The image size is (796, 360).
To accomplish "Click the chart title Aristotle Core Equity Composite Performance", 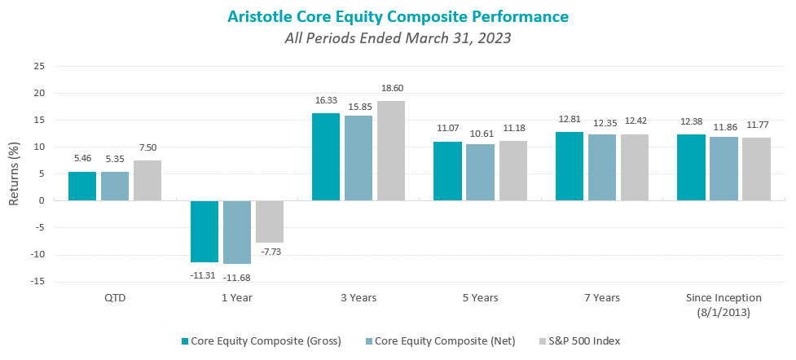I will pos(397,16).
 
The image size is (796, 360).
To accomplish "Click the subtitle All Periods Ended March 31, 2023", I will pos(397,37).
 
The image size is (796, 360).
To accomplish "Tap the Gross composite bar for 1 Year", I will pos(204,231).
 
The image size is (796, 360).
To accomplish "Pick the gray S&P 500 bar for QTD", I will pos(147,180).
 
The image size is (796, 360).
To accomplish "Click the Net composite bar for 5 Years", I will pos(480,172).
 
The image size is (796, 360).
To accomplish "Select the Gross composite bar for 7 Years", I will pos(569,166).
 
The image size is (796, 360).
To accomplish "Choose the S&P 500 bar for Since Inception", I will pos(756,169).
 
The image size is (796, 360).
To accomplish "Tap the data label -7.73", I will pos(270,252).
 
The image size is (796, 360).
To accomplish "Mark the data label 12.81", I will pos(569,120).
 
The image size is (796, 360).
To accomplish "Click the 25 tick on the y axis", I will pos(38,66).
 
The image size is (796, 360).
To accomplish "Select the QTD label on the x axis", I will pos(115,298).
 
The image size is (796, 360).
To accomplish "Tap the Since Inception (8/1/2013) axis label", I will pos(723,304).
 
